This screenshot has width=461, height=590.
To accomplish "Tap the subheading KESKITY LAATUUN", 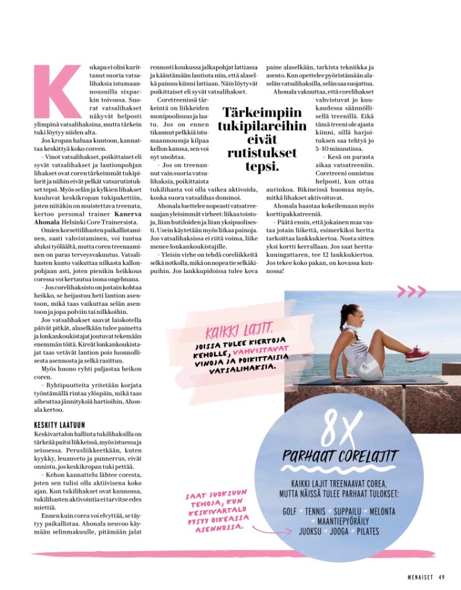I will (x=59, y=425).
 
